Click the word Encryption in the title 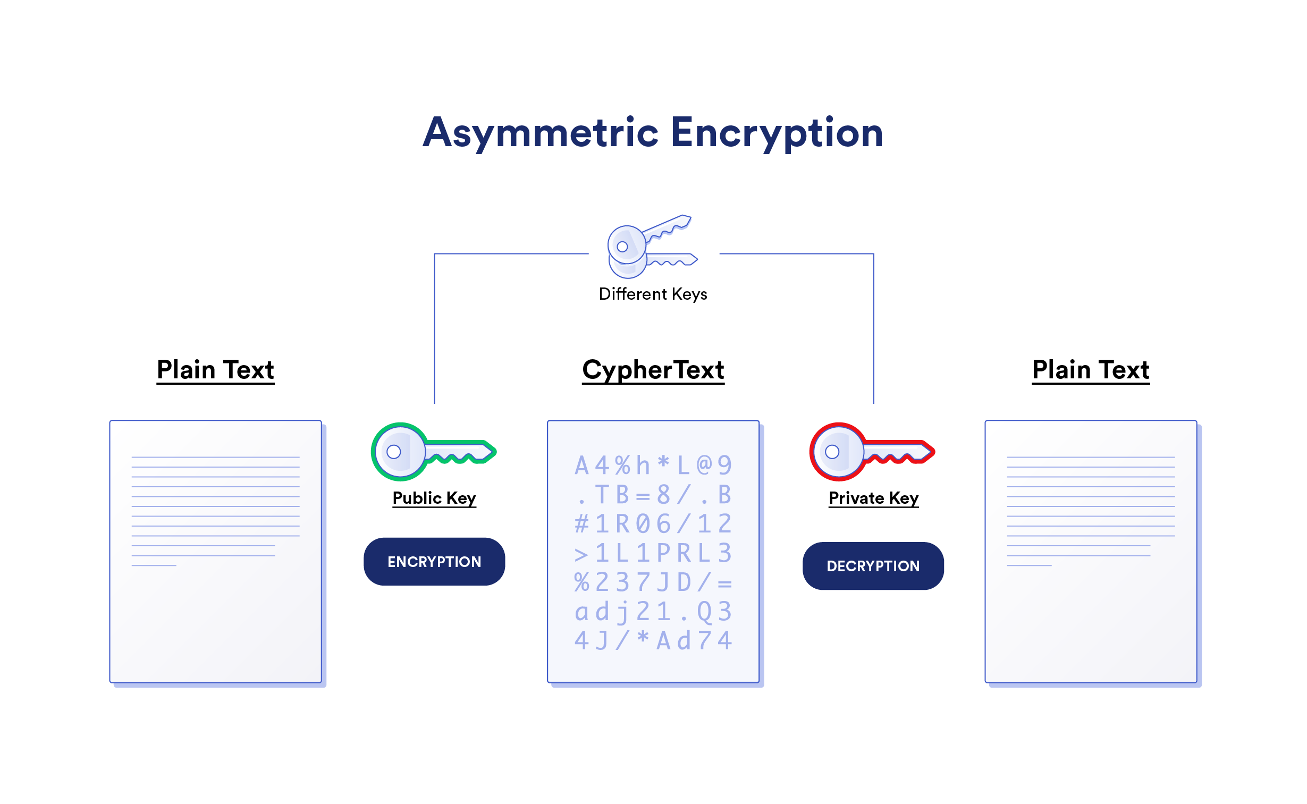coord(777,133)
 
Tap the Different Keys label coord(653,294)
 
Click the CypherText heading coord(653,370)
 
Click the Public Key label coord(434,498)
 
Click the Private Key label coord(874,498)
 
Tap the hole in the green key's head coord(393,452)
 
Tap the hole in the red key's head coord(832,452)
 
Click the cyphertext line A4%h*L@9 coord(653,466)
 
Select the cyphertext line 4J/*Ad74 coord(653,641)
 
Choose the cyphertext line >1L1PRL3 coord(653,554)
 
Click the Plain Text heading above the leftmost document coord(215,370)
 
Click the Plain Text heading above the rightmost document coord(1091,370)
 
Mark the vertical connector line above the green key coord(434,329)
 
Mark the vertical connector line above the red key coord(874,329)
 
